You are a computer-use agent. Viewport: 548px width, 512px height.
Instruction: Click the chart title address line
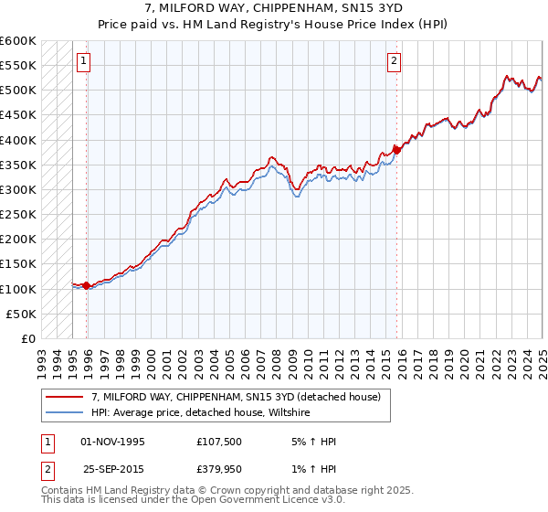(x=274, y=8)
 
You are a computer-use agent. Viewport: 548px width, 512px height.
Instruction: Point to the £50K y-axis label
(x=21, y=314)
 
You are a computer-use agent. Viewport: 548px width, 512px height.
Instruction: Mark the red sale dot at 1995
(x=87, y=285)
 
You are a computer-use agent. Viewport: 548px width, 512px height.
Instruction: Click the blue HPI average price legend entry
(x=201, y=413)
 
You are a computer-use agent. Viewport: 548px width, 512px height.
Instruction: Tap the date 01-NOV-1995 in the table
(x=112, y=442)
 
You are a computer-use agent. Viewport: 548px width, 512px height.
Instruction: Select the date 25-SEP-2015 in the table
(x=112, y=469)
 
